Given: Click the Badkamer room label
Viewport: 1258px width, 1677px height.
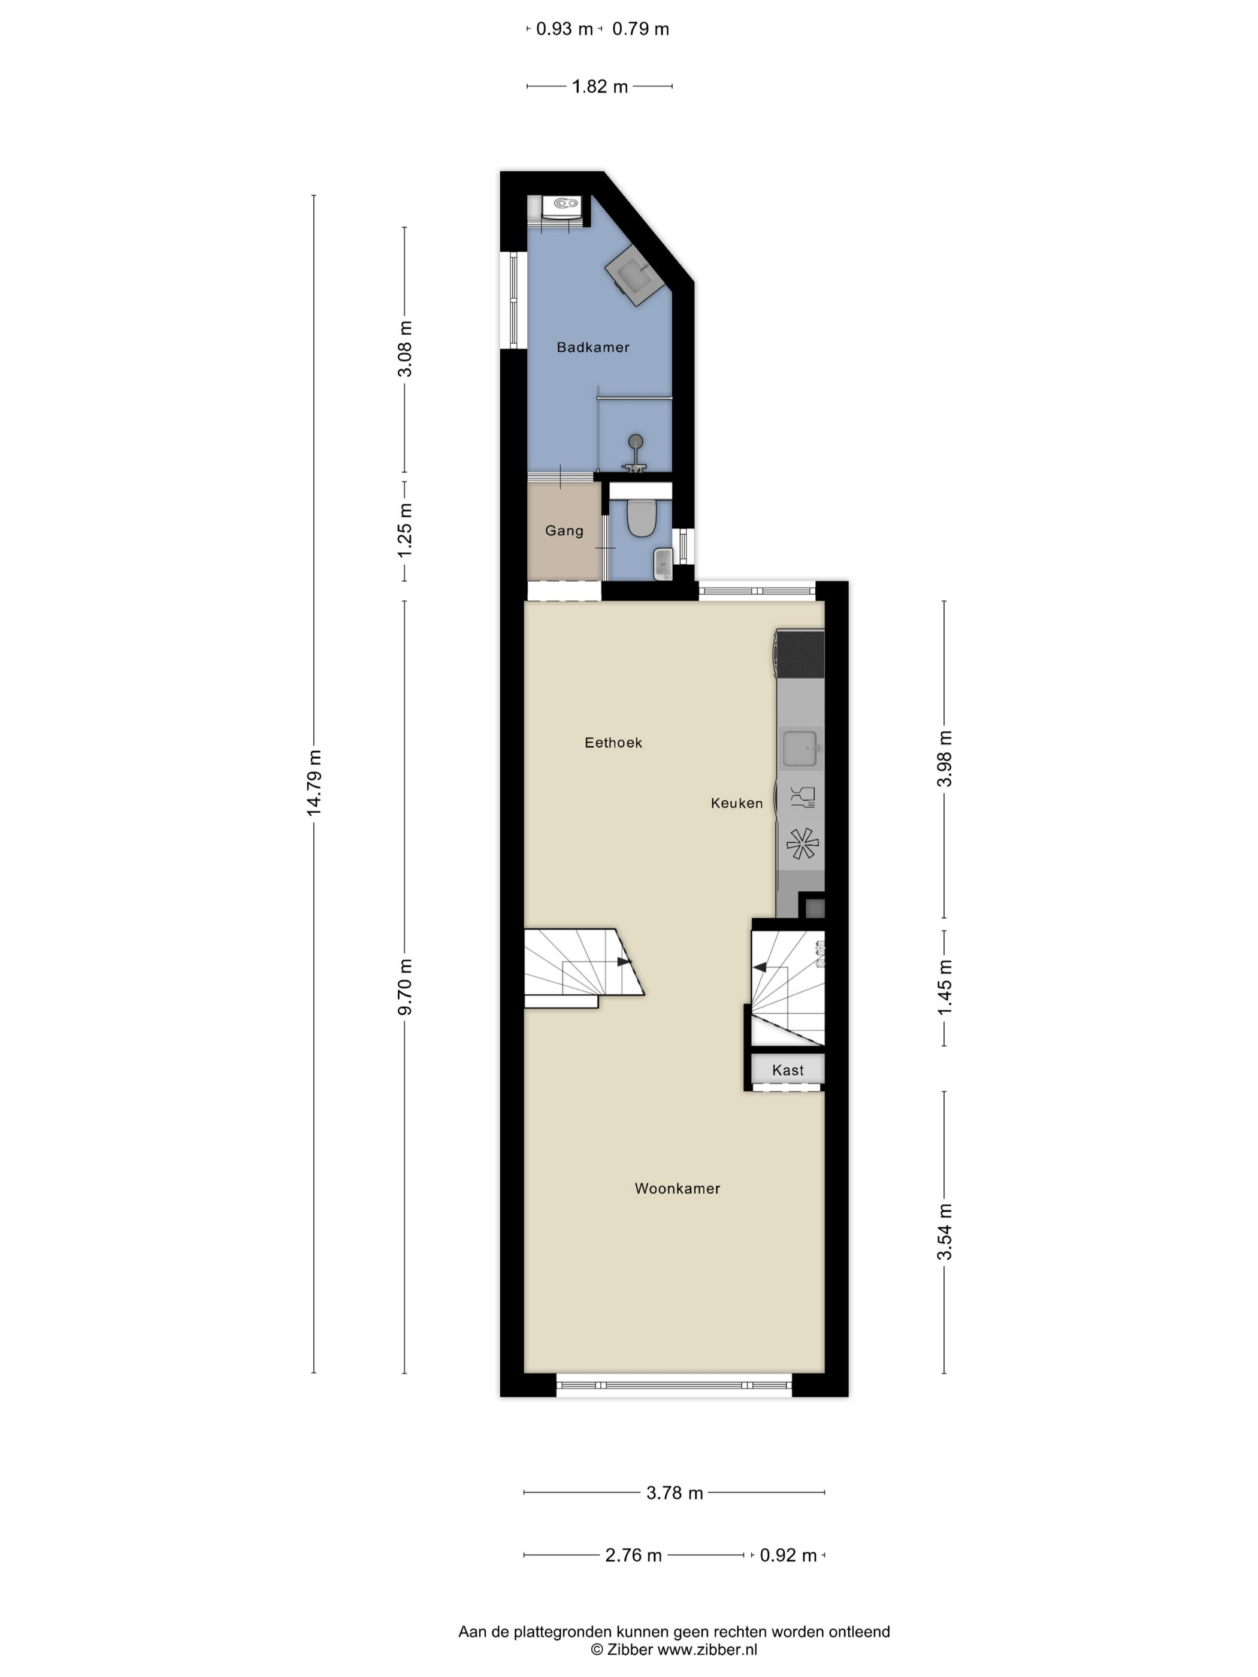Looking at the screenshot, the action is pyautogui.click(x=593, y=347).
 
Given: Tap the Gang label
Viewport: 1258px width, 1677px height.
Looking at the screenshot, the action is pyautogui.click(x=564, y=531).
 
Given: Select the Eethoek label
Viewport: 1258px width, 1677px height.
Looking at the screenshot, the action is pyautogui.click(x=613, y=743).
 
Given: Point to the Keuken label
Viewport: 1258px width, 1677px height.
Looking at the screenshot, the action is pyautogui.click(x=736, y=803).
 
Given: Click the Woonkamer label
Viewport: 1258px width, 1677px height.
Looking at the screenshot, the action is pyautogui.click(x=677, y=1188).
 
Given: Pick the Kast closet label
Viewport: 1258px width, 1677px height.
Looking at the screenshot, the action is pyautogui.click(x=788, y=1070).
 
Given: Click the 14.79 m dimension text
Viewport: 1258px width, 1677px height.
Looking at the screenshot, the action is pyautogui.click(x=314, y=783).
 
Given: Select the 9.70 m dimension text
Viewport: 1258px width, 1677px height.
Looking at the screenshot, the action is pyautogui.click(x=404, y=986).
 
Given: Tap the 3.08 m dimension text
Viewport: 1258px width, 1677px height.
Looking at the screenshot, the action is pyautogui.click(x=404, y=348).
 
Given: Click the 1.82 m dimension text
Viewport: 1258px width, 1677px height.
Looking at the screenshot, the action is pyautogui.click(x=600, y=86).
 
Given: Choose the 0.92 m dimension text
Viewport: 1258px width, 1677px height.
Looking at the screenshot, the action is pyautogui.click(x=788, y=1555).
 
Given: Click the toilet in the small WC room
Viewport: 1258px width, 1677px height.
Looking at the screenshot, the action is pyautogui.click(x=642, y=516).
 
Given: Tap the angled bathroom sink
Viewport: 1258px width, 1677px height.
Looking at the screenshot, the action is pyautogui.click(x=636, y=274).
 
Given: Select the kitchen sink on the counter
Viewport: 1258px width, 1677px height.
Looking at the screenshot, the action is pyautogui.click(x=800, y=747).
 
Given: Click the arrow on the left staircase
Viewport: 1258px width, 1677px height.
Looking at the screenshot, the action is pyautogui.click(x=624, y=961).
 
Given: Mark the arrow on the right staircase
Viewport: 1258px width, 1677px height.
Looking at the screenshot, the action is pyautogui.click(x=759, y=967).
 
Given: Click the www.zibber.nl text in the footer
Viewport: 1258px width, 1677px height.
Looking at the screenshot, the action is pyautogui.click(x=707, y=1649).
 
